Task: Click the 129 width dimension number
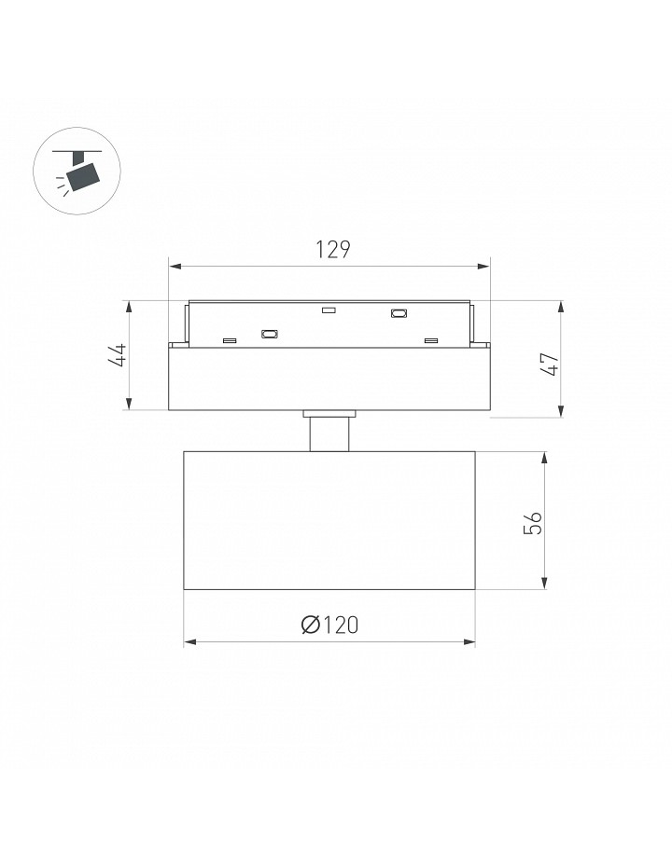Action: pyautogui.click(x=333, y=249)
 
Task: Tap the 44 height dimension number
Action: pyautogui.click(x=118, y=355)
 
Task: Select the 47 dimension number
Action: pyautogui.click(x=551, y=365)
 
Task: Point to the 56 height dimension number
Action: pyautogui.click(x=533, y=522)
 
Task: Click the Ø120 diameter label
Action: pyautogui.click(x=329, y=625)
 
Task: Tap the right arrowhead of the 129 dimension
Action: pyautogui.click(x=483, y=267)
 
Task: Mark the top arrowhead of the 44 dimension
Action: pyautogui.click(x=129, y=308)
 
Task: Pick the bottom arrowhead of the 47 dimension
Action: pyautogui.click(x=561, y=411)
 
